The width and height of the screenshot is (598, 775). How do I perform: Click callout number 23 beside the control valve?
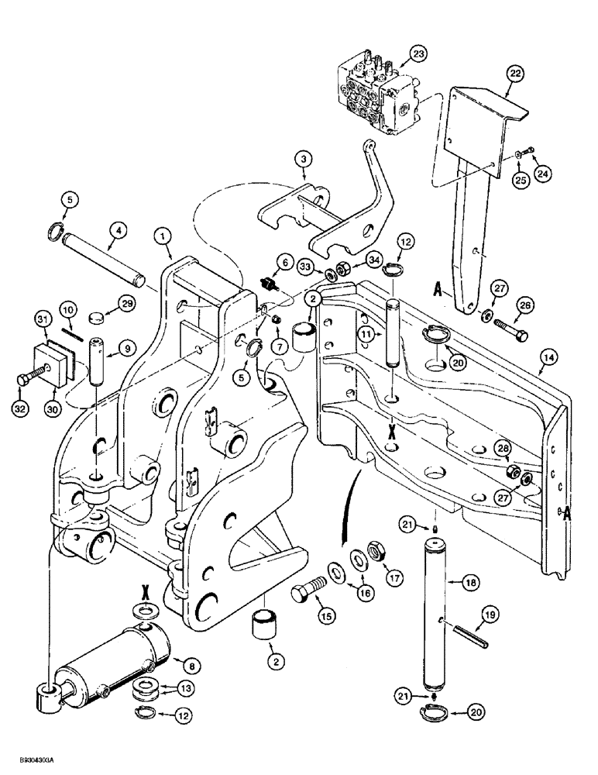coord(418,55)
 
